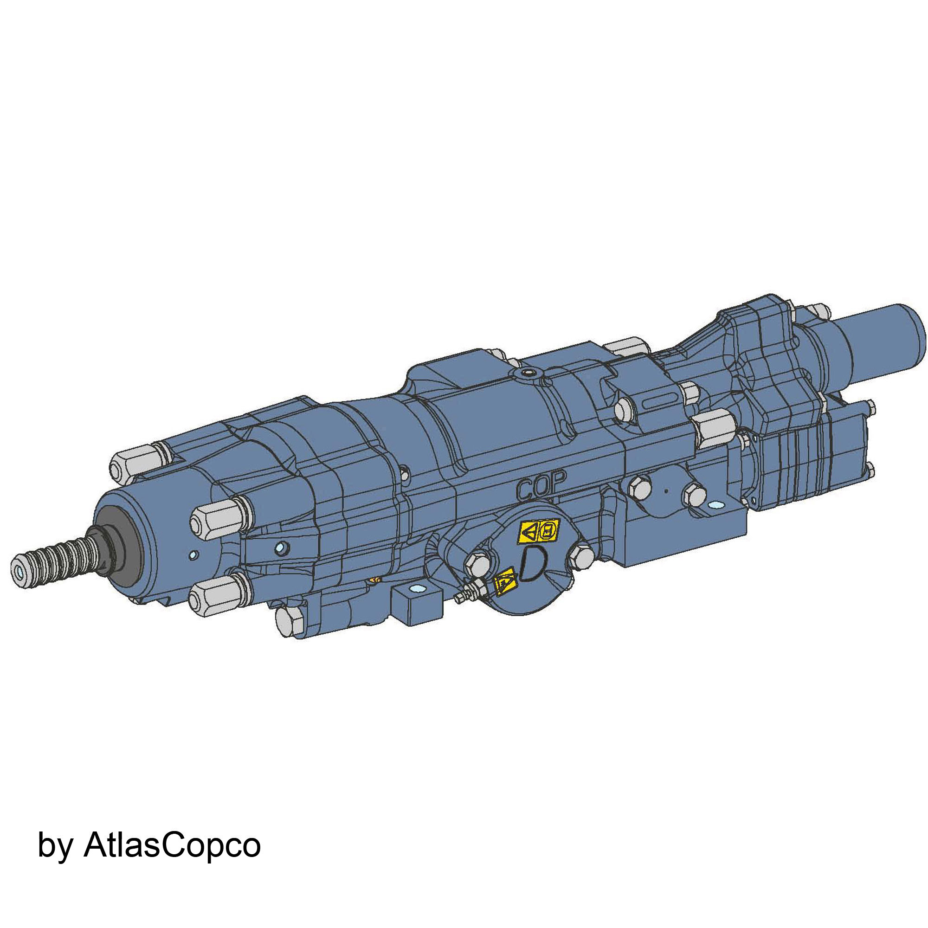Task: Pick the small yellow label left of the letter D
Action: [505, 582]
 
